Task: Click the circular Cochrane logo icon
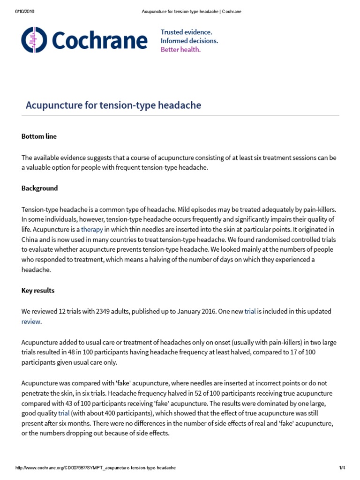[34, 40]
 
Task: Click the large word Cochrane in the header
[99, 41]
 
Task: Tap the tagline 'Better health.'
[180, 50]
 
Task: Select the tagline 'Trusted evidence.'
[186, 32]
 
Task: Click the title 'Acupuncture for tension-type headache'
[113, 105]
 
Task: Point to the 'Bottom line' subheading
[39, 136]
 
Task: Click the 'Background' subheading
[40, 188]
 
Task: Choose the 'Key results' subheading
[38, 291]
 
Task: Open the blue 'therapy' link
[92, 229]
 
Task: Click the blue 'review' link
[31, 322]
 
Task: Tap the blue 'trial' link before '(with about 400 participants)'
[63, 413]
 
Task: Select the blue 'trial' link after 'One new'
[250, 311]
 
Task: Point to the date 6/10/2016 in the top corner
[25, 11]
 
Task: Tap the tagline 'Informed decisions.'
[189, 41]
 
